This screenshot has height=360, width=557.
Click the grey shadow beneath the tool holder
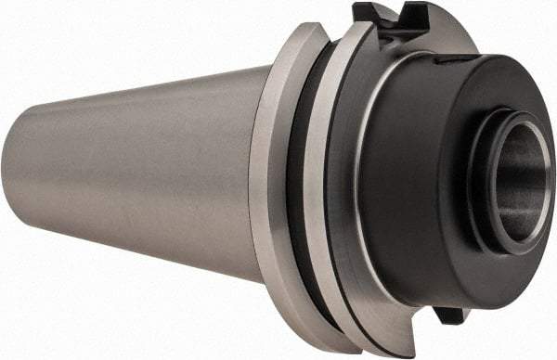tap(186, 306)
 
